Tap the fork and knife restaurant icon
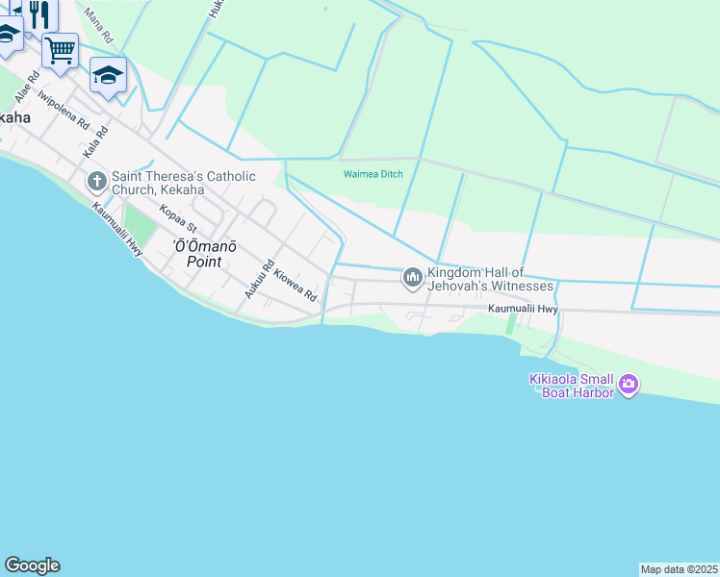point(39,13)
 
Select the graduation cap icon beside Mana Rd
point(108,74)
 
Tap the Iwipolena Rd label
point(63,111)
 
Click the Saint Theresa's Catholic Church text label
point(183,183)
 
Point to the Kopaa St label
point(178,220)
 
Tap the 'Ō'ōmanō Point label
point(204,253)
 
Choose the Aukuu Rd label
point(260,279)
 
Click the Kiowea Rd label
point(295,286)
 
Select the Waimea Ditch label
point(373,174)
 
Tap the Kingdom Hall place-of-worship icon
point(413,279)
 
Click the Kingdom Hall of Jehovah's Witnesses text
point(491,279)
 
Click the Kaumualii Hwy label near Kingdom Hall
point(523,309)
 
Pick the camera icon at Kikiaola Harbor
point(629,386)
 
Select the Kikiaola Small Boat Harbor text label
point(572,386)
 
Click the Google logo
point(32,565)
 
